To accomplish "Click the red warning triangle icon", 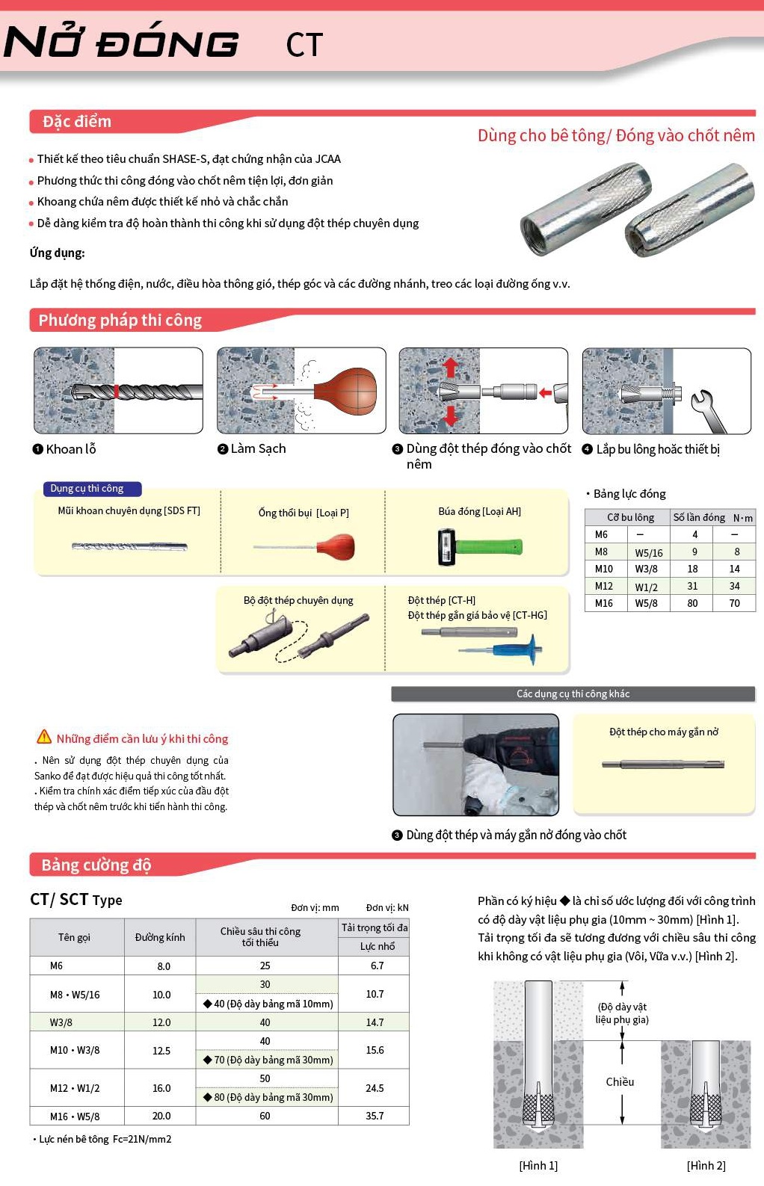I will point(44,737).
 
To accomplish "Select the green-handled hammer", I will point(478,546).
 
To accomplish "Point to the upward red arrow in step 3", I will point(450,367).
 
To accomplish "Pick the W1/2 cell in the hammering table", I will point(647,587).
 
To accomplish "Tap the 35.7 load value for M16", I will point(375,1116).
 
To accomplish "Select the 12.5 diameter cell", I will point(161,1051).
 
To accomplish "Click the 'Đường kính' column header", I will point(160,937).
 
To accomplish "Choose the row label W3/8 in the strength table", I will point(61,1022).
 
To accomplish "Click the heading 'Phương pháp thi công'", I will point(120,321).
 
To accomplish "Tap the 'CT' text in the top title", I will point(304,46).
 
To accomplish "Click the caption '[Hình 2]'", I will point(706,1165).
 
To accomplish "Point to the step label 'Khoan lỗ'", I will point(71,449).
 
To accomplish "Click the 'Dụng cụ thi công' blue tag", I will point(87,489).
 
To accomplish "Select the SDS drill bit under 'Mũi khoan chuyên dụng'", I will point(129,546).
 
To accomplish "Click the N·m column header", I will point(742,517).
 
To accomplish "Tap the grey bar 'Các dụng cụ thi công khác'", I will point(573,694).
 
